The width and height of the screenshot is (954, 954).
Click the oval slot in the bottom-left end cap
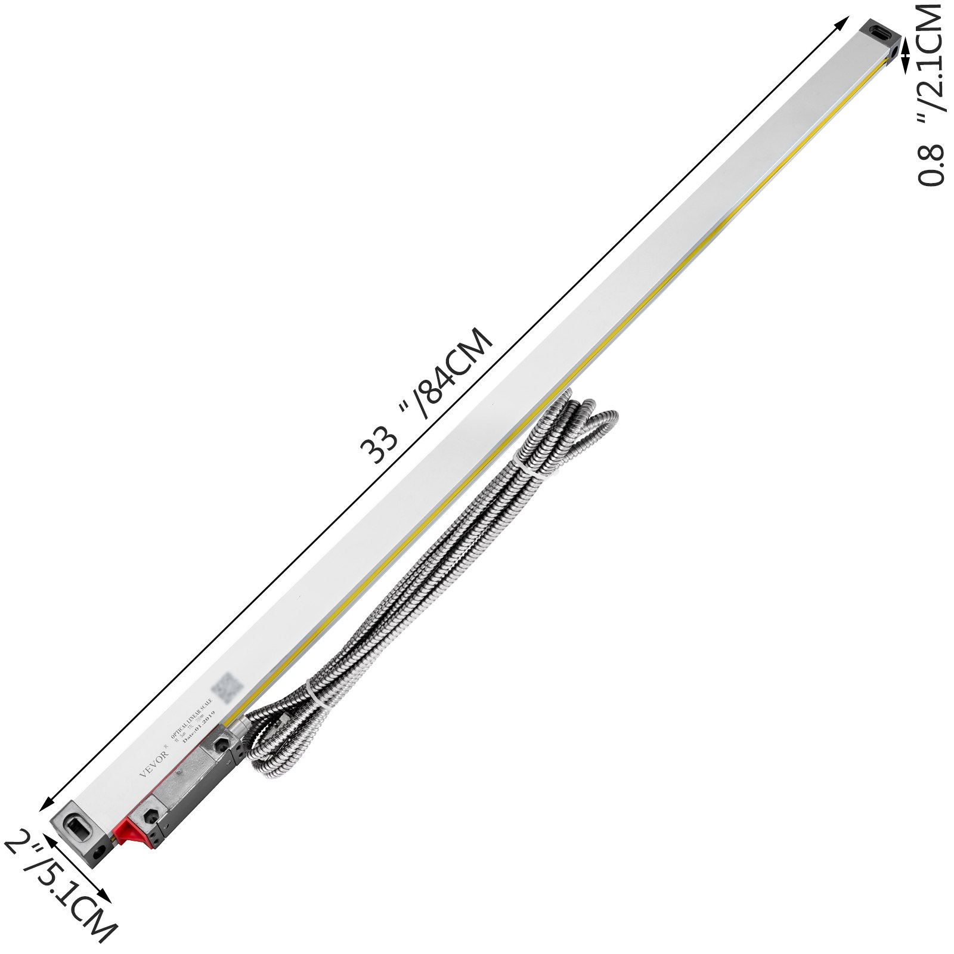click(78, 828)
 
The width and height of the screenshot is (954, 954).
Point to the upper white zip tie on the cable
click(528, 466)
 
